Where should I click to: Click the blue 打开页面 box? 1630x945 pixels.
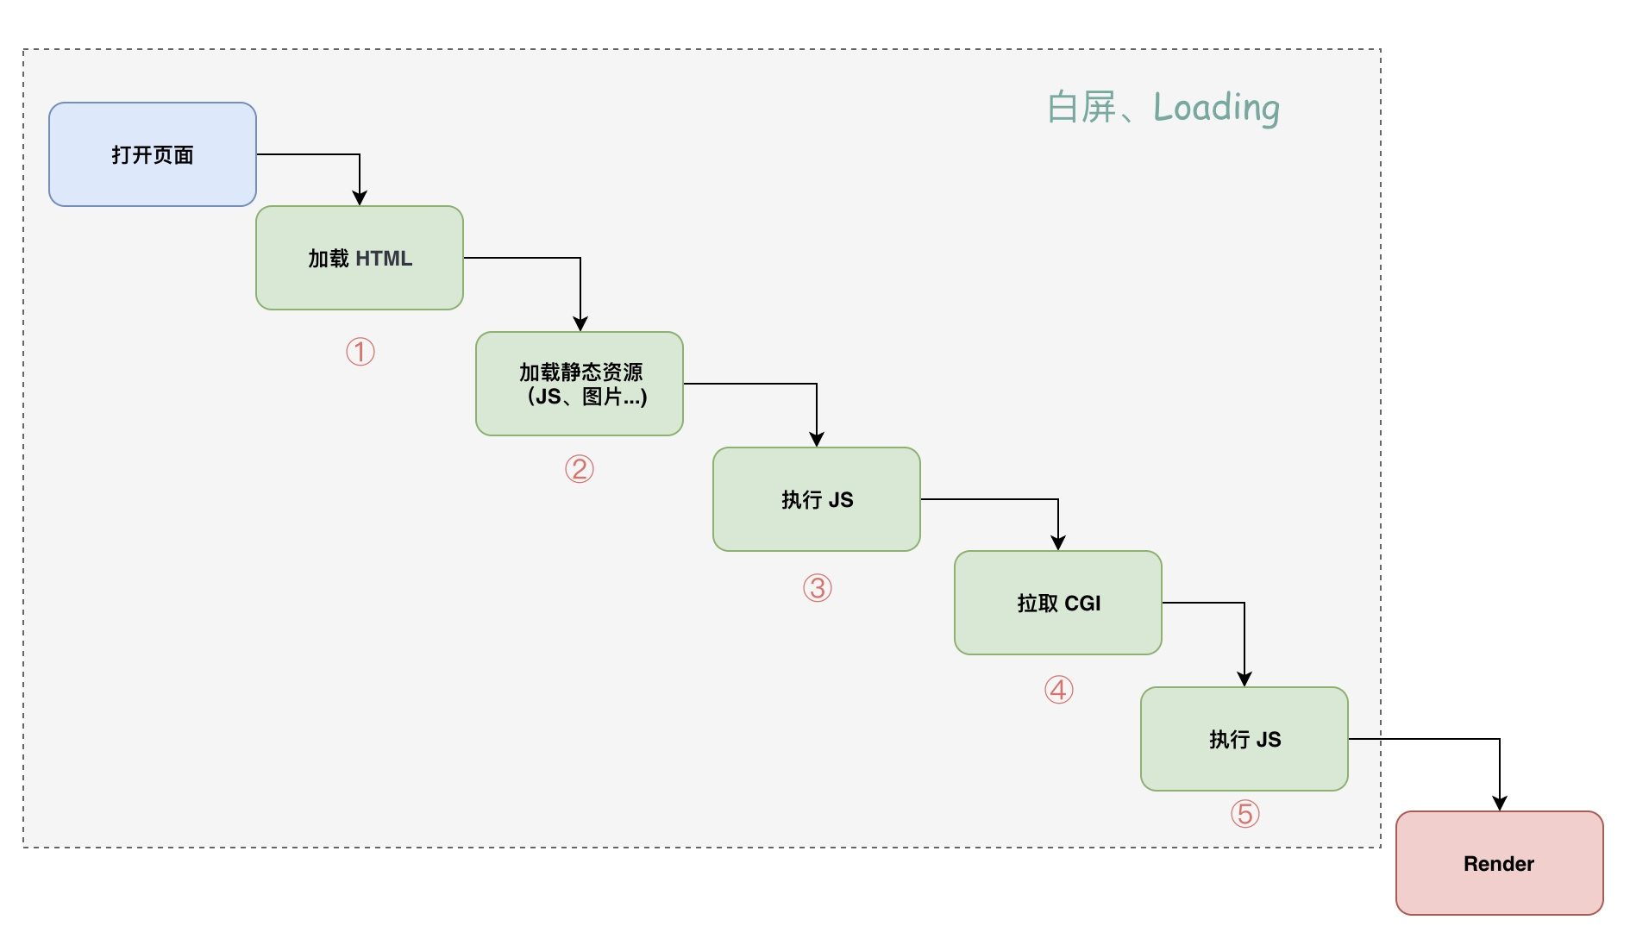click(x=153, y=154)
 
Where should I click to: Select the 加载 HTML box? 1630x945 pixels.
click(x=360, y=258)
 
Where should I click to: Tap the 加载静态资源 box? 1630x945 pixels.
click(x=580, y=384)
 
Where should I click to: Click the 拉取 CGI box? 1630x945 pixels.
click(x=1058, y=603)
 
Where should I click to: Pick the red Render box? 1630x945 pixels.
click(x=1500, y=863)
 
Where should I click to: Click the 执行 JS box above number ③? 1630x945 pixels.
click(x=817, y=499)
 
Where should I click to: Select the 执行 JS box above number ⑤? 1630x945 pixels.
click(x=1244, y=739)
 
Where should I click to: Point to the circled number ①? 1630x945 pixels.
click(x=360, y=352)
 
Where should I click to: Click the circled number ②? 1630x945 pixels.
click(x=580, y=469)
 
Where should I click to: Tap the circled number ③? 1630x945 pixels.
click(x=818, y=588)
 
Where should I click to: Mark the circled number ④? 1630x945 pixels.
click(x=1059, y=690)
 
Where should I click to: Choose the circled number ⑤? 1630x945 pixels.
click(x=1245, y=813)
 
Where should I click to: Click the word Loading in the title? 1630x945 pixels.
click(x=1216, y=108)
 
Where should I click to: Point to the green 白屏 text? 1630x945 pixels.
click(x=1082, y=107)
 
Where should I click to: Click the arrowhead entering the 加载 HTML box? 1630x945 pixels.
click(x=360, y=198)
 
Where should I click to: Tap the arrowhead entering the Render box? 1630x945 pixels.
click(x=1500, y=804)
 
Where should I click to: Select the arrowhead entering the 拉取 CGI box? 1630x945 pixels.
click(x=1058, y=543)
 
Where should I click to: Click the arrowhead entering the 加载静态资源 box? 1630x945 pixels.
click(x=580, y=324)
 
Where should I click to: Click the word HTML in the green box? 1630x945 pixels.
click(x=384, y=259)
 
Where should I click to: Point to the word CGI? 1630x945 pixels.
click(x=1083, y=604)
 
